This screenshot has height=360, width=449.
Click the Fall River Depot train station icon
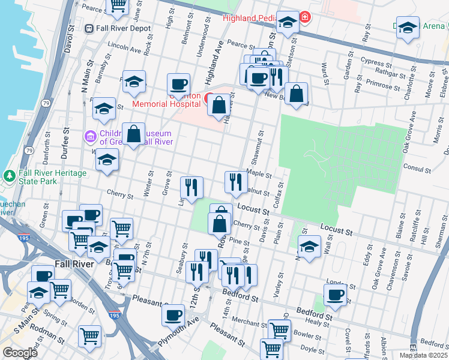pyautogui.click(x=89, y=28)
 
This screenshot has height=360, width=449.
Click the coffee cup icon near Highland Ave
pyautogui.click(x=178, y=85)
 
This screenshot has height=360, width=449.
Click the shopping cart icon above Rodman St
pyautogui.click(x=89, y=336)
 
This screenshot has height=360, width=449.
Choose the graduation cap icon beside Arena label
pyautogui.click(x=408, y=28)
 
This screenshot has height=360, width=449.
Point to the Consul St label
pyautogui.click(x=415, y=167)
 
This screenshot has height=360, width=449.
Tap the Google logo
pyautogui.click(x=20, y=352)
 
